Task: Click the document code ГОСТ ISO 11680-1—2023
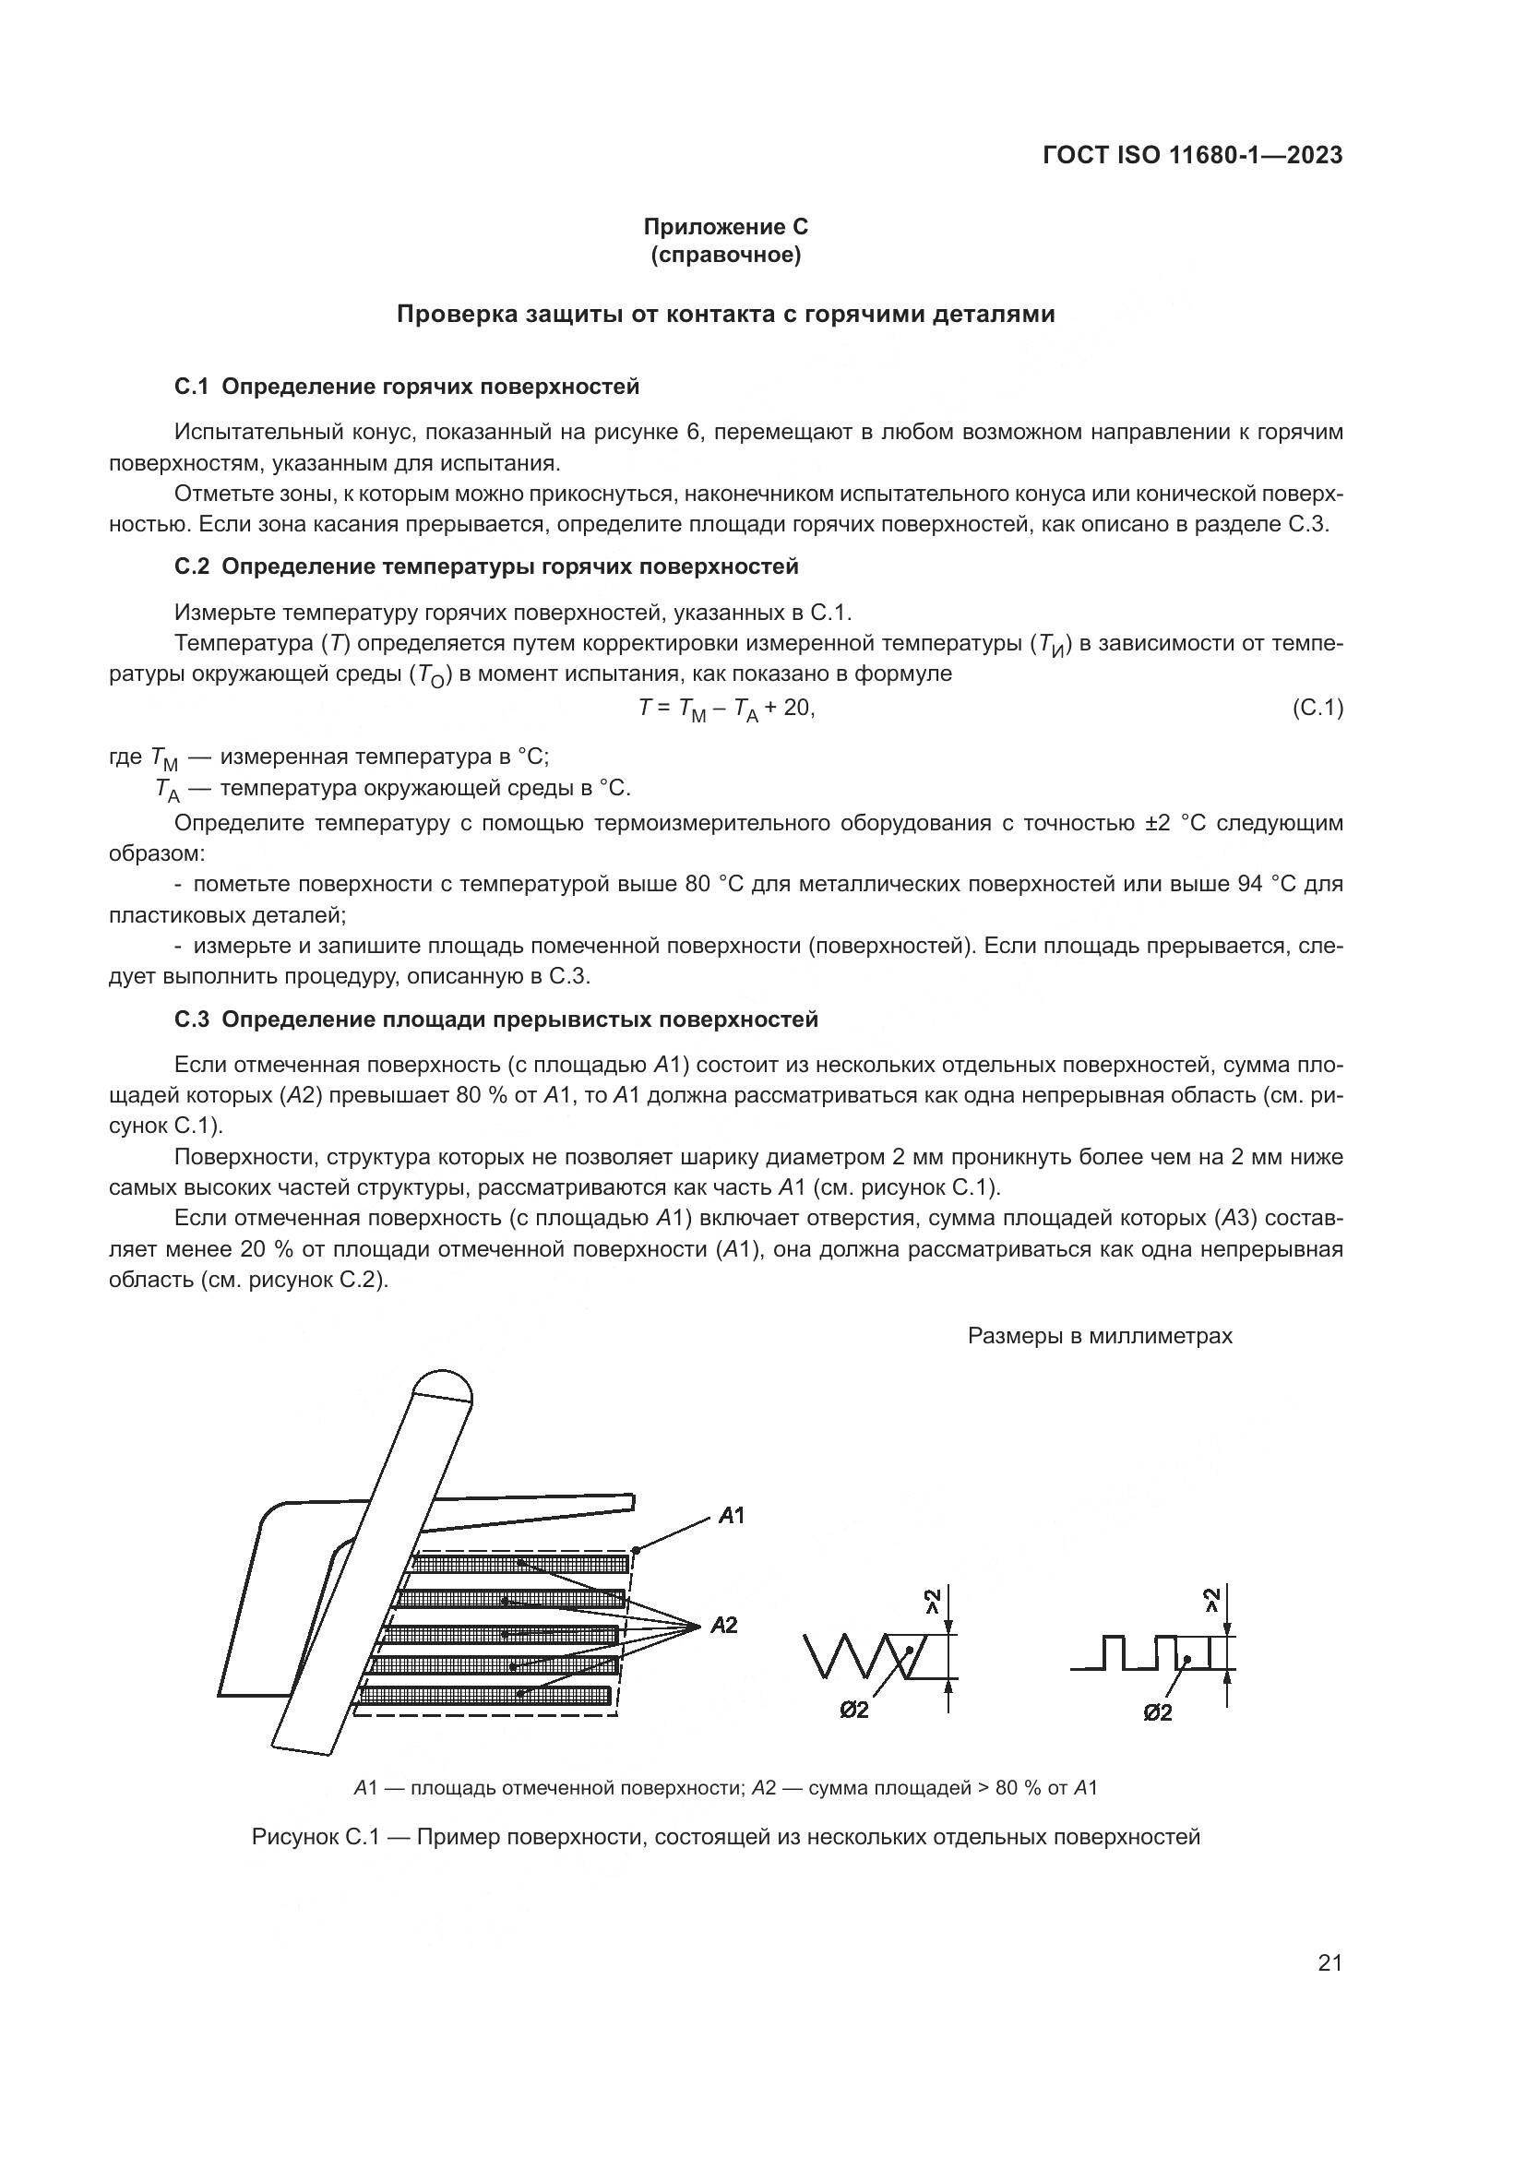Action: tap(1192, 155)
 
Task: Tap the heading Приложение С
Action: tap(724, 227)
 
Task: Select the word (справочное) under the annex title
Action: tap(725, 255)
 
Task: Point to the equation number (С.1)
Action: tap(1317, 708)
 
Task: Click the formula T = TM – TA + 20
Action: tap(726, 709)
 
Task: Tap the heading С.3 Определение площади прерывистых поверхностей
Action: tap(496, 1019)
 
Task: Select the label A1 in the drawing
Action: tap(732, 1515)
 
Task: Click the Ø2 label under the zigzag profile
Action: tap(854, 1711)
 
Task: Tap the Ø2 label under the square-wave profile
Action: tap(1158, 1712)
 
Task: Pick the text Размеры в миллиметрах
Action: tap(1100, 1336)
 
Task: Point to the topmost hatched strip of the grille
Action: tap(521, 1564)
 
